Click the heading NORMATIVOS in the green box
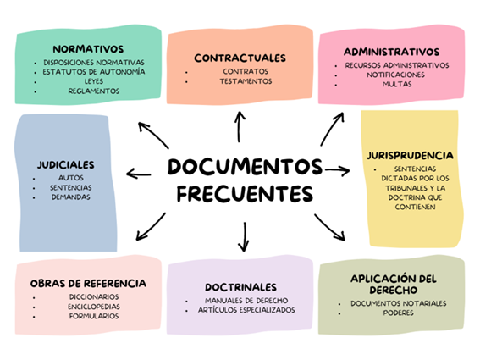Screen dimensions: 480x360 point(88,49)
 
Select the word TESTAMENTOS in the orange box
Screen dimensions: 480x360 point(246,81)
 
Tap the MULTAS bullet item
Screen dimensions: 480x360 point(397,84)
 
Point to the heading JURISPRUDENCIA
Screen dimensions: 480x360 point(410,155)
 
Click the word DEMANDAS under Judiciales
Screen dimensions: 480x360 point(71,197)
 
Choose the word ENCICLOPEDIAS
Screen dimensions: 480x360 point(94,307)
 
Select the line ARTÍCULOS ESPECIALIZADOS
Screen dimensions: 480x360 point(246,310)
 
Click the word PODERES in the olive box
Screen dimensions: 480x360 point(398,313)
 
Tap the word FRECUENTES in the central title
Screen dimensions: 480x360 point(245,194)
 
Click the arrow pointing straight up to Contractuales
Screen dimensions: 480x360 point(239,127)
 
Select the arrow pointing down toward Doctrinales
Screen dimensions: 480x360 point(244,236)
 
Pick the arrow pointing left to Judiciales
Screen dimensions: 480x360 point(139,174)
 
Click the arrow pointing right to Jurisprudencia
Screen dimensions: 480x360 point(337,170)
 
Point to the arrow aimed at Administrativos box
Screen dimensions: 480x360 point(331,129)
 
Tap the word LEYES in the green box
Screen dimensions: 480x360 point(94,81)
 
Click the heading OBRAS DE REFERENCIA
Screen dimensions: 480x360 point(88,284)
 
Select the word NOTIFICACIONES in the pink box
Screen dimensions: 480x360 point(396,75)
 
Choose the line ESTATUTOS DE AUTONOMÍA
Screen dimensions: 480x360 point(94,72)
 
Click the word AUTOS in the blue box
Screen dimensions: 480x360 point(71,178)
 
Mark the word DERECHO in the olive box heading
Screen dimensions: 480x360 point(394,290)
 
